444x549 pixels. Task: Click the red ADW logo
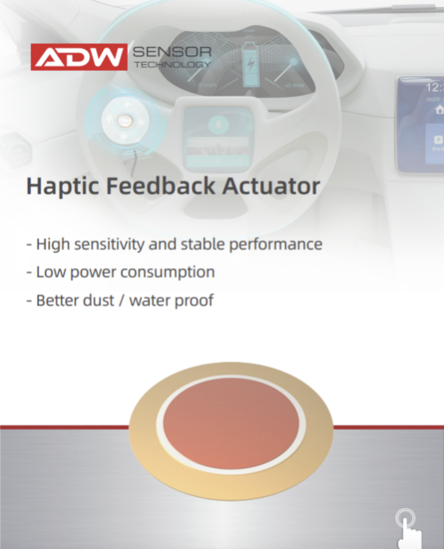point(79,57)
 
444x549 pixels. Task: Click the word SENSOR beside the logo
point(172,52)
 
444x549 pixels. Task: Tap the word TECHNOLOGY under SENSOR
point(172,64)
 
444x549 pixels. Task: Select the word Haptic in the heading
point(62,186)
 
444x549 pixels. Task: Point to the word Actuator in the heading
point(271,186)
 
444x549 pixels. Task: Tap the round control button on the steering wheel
point(125,120)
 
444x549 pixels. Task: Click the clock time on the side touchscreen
point(434,88)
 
